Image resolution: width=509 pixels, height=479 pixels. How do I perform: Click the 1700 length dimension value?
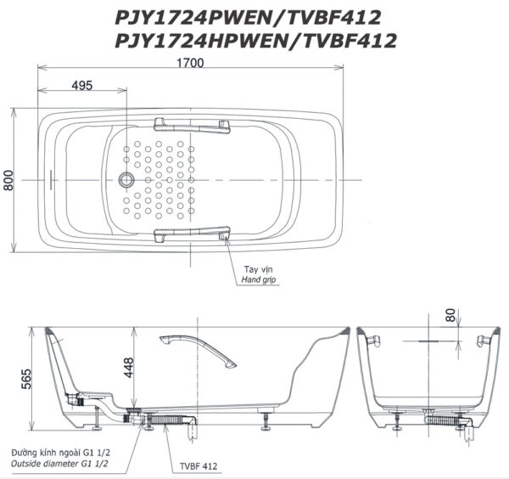point(190,63)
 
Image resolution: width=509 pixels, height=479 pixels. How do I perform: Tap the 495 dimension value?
point(82,86)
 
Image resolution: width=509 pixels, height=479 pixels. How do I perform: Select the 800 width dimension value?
point(8,180)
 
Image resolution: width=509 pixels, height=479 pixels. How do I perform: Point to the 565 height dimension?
point(26,379)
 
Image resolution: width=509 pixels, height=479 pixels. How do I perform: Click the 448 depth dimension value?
point(129,368)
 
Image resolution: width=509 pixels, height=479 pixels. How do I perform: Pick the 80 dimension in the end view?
point(451,315)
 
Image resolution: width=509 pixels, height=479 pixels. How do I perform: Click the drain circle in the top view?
point(126,180)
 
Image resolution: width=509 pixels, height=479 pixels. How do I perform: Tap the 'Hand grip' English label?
point(259,279)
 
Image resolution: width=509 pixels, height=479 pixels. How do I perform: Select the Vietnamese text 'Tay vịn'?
point(259,269)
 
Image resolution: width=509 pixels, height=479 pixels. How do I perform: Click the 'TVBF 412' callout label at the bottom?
point(199,466)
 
